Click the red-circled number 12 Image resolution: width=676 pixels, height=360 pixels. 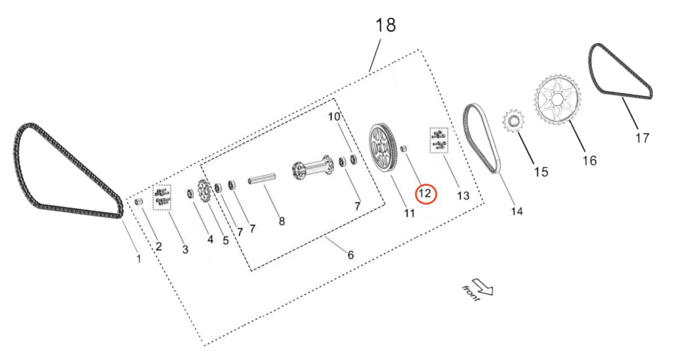point(425,193)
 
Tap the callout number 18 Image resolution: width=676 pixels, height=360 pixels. point(386,25)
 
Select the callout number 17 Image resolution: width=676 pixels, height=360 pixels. point(642,137)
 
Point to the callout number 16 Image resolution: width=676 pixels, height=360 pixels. point(589,161)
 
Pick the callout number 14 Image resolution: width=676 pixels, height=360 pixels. point(517,211)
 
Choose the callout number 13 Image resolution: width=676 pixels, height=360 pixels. point(462,195)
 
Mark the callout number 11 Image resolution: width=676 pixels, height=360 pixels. point(409,213)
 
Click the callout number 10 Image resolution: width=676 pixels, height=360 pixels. point(334,117)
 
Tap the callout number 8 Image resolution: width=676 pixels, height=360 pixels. point(282,221)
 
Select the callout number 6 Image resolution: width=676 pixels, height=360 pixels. point(350,255)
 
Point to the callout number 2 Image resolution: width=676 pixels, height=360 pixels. point(159,246)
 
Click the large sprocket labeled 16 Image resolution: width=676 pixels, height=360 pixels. point(557,100)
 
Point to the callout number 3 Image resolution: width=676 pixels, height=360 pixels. point(185,248)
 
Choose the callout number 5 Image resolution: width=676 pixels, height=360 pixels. point(225,241)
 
